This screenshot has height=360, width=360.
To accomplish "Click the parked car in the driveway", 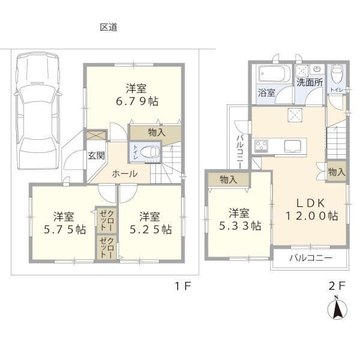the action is tap(38, 111).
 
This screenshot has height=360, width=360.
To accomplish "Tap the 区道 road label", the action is tap(109, 28).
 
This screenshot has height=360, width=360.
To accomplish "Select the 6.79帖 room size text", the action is tap(137, 101).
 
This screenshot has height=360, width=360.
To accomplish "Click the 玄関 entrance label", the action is tap(97, 155).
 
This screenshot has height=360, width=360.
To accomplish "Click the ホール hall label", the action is tap(125, 174).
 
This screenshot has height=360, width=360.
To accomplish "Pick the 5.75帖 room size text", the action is tap(65, 229).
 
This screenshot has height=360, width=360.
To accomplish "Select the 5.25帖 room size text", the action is tap(151, 229).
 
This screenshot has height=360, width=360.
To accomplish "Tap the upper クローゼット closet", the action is tap(107, 220).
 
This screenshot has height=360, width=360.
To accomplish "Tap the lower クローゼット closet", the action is tap(107, 248).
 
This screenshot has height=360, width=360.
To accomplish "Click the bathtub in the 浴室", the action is tap(272, 74).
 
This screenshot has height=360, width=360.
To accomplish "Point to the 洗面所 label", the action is tap(310, 83).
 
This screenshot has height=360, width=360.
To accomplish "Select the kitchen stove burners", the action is tap(261, 146).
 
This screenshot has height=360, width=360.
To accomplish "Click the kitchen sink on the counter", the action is tap(292, 146).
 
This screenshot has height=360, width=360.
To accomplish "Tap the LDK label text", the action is tap(311, 203).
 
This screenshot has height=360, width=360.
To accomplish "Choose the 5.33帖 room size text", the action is tap(241, 226).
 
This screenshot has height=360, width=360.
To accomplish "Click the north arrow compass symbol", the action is tap(337, 308).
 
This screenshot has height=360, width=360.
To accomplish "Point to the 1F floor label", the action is tap(183, 286).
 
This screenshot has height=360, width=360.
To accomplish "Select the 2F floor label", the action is tap(337, 286).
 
